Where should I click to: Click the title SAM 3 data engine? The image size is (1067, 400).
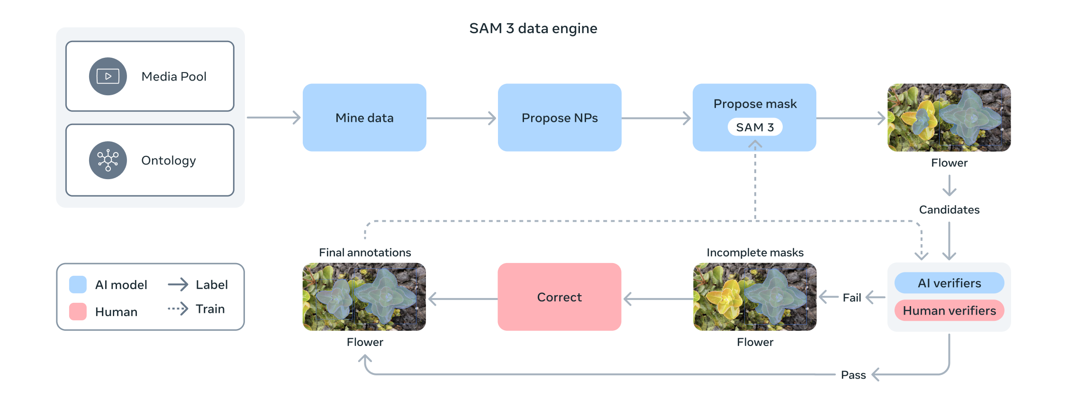pos(533,28)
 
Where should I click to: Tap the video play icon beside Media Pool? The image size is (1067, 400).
pos(108,76)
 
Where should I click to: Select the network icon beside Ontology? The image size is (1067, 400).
pos(108,160)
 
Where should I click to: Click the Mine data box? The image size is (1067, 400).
pos(364,118)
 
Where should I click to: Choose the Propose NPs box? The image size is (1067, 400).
pos(560,118)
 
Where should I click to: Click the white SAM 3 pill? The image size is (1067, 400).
pos(755,127)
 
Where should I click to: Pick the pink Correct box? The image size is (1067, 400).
pos(560,297)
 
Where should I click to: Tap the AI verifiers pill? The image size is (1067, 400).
pos(949,283)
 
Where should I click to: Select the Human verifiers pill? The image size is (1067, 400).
pos(949,310)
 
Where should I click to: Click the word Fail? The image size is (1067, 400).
pos(851,298)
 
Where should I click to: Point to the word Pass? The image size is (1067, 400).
pos(853,375)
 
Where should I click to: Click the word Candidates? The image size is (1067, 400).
pos(949,209)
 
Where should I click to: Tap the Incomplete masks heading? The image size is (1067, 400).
pos(755,252)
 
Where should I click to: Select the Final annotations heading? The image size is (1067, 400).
pos(365,252)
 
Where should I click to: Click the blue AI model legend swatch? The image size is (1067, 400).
pos(78,284)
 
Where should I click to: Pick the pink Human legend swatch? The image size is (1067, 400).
pos(78,311)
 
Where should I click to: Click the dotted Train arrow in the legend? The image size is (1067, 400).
pos(178,309)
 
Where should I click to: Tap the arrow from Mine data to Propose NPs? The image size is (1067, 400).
pos(461,118)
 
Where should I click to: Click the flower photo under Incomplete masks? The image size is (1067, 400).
pos(755,297)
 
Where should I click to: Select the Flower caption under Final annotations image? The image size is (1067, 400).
pos(365,342)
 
